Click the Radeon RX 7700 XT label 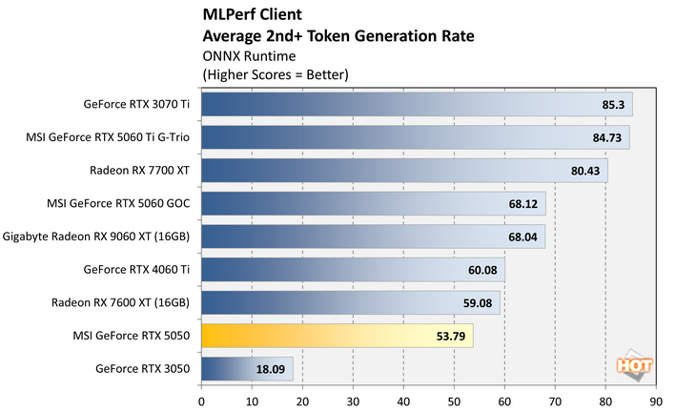pyautogui.click(x=139, y=171)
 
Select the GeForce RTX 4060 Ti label pyautogui.click(x=137, y=270)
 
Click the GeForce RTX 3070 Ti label pyautogui.click(x=137, y=105)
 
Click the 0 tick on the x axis pyautogui.click(x=201, y=401)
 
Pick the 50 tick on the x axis pyautogui.click(x=454, y=401)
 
